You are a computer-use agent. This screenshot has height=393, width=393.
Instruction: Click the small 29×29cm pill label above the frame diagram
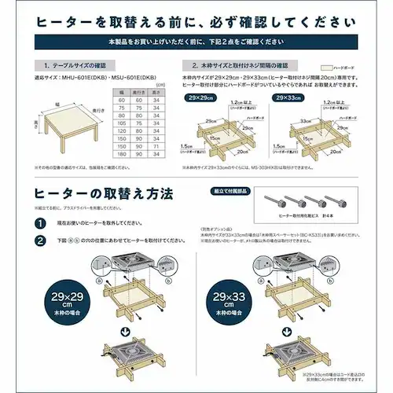[200, 98]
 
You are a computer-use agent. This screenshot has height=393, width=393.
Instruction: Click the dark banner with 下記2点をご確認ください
[196, 39]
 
